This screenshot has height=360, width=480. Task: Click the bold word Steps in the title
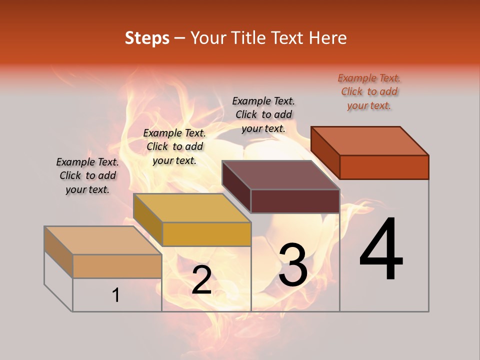(x=147, y=38)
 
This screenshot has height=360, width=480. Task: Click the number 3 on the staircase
(x=292, y=265)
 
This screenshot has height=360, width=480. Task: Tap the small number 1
(x=116, y=295)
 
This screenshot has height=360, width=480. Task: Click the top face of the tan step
(x=103, y=240)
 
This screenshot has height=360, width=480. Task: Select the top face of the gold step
(x=192, y=208)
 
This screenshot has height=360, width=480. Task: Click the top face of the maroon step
(x=281, y=175)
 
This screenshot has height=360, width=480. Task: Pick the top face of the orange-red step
(x=370, y=141)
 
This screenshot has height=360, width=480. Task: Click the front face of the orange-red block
(x=384, y=167)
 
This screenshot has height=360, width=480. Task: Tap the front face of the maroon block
(x=295, y=201)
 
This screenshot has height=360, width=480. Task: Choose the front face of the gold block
(x=206, y=234)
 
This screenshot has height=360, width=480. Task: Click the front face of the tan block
(x=117, y=266)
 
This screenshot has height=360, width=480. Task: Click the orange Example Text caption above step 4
(x=369, y=91)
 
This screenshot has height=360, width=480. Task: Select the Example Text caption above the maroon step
(x=263, y=114)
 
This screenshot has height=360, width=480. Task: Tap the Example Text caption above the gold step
(x=174, y=146)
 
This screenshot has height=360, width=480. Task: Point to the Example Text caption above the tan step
(x=87, y=175)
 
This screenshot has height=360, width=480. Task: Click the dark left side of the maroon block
(x=236, y=187)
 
